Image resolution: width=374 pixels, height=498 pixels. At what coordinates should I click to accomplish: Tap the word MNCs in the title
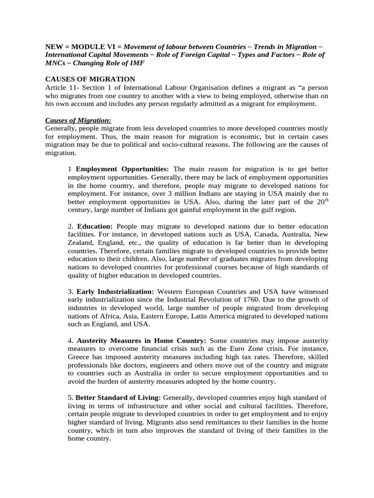[55, 64]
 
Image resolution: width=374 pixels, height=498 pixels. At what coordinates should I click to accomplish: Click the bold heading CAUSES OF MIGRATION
[90, 79]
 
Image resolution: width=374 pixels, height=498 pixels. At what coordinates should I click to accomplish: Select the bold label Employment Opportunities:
[122, 169]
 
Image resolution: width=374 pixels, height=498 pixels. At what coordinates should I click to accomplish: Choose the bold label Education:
[94, 227]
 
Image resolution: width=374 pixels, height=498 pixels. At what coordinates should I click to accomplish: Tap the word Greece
[79, 356]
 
